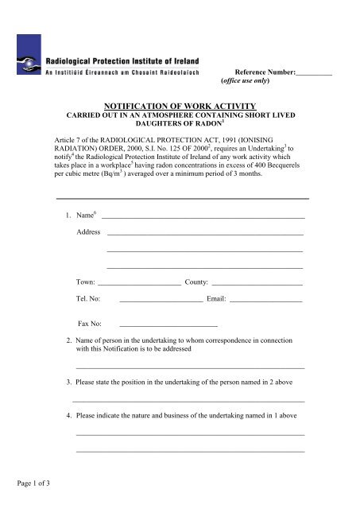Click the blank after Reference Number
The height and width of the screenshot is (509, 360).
tap(313, 73)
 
